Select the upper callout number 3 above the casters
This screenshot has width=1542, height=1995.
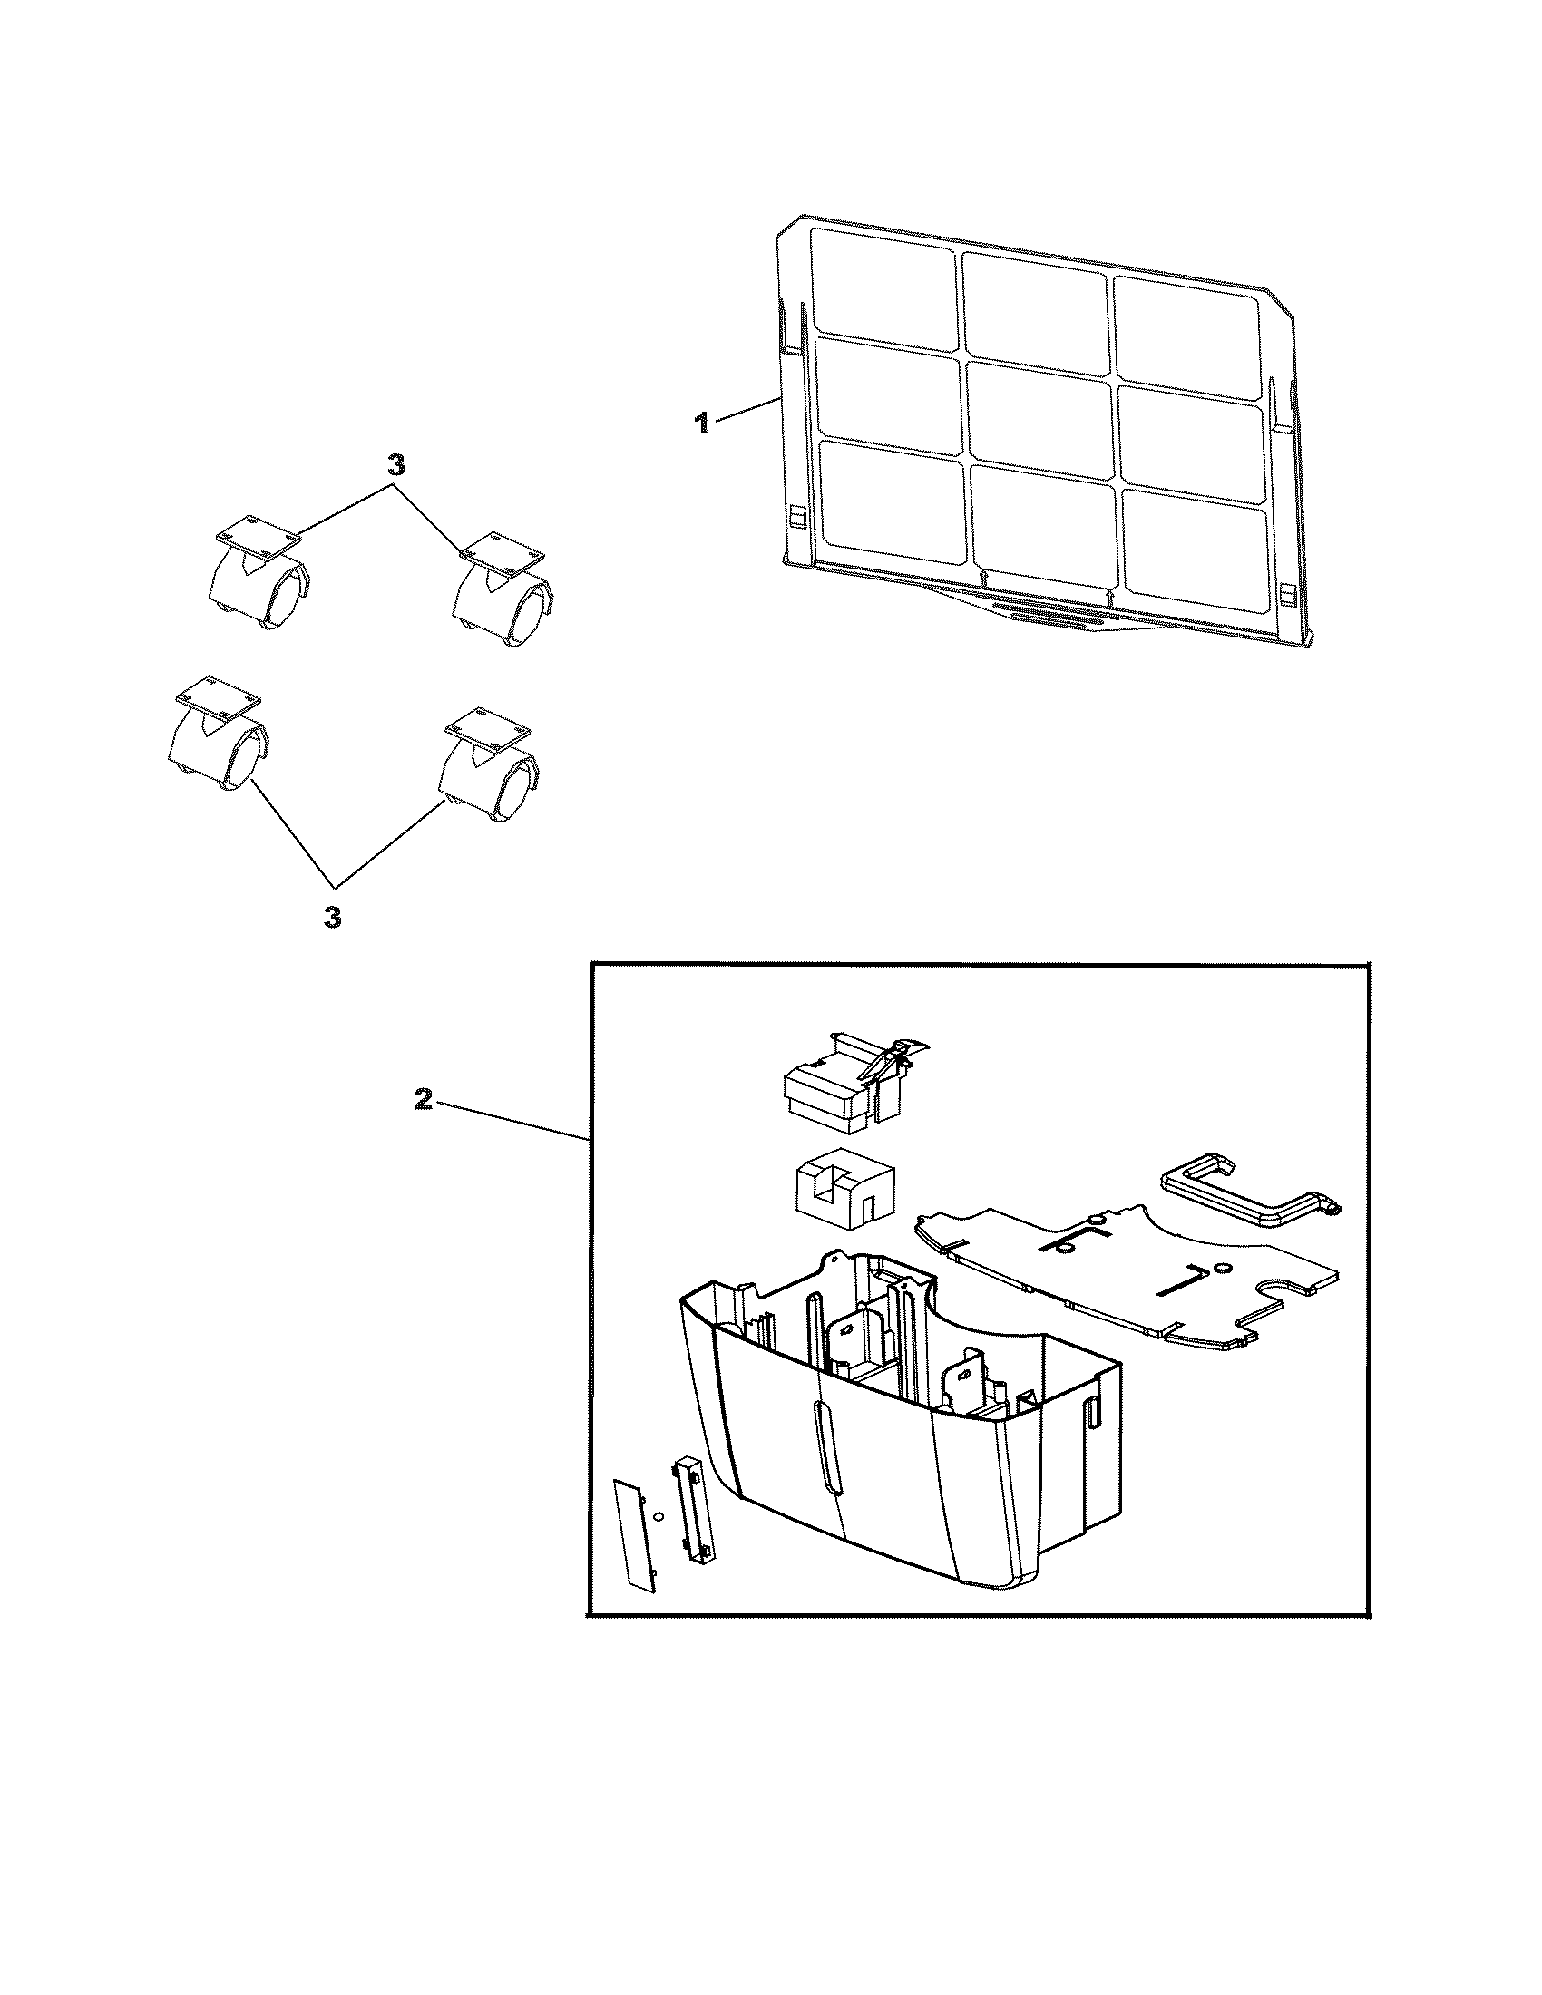pyautogui.click(x=395, y=465)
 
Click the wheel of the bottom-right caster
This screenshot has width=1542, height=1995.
pyautogui.click(x=516, y=788)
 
